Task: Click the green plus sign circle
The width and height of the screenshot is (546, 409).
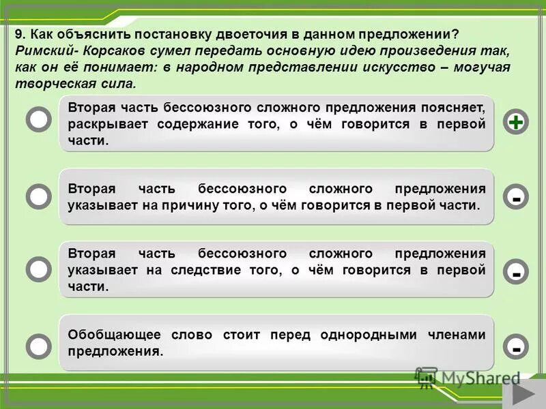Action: coord(517,122)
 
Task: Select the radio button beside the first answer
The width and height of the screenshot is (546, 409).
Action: coord(39,119)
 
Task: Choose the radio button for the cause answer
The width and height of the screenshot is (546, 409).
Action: coord(39,196)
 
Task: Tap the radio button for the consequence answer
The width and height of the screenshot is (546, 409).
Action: coord(39,269)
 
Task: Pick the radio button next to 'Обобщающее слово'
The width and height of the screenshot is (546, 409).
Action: coord(39,345)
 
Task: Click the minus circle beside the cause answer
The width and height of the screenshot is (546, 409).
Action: coord(517,198)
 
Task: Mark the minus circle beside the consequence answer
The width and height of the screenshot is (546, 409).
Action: coord(517,272)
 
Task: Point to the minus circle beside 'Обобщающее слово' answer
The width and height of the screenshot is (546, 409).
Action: coord(517,347)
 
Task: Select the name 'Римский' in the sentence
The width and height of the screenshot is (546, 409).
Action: coord(41,51)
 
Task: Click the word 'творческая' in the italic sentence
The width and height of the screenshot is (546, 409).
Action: coord(47,84)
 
